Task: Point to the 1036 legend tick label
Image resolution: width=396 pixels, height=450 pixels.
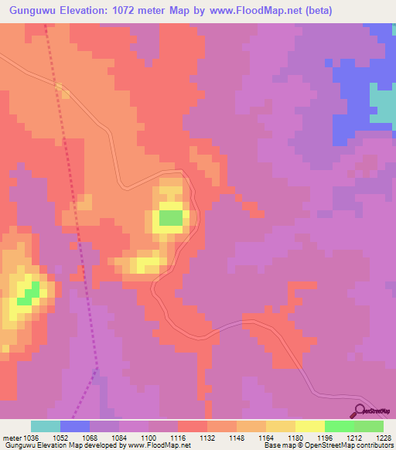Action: click(30, 437)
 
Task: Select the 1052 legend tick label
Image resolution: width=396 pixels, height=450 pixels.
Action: click(60, 437)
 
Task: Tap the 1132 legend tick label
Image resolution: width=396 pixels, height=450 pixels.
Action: click(207, 437)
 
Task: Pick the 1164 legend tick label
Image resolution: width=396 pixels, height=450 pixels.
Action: click(265, 437)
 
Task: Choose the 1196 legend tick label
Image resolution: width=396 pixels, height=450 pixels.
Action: click(324, 437)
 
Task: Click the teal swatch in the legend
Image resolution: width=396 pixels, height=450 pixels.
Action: click(45, 426)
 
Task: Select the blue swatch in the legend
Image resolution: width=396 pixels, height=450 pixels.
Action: click(74, 426)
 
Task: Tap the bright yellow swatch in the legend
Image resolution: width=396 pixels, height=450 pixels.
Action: click(309, 426)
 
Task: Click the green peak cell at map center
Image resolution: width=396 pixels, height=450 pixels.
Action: click(172, 218)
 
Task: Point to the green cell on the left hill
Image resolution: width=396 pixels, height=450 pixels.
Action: click(29, 294)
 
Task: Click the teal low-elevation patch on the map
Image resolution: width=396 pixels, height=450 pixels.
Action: click(382, 103)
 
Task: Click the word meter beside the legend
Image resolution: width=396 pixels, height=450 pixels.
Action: click(10, 437)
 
